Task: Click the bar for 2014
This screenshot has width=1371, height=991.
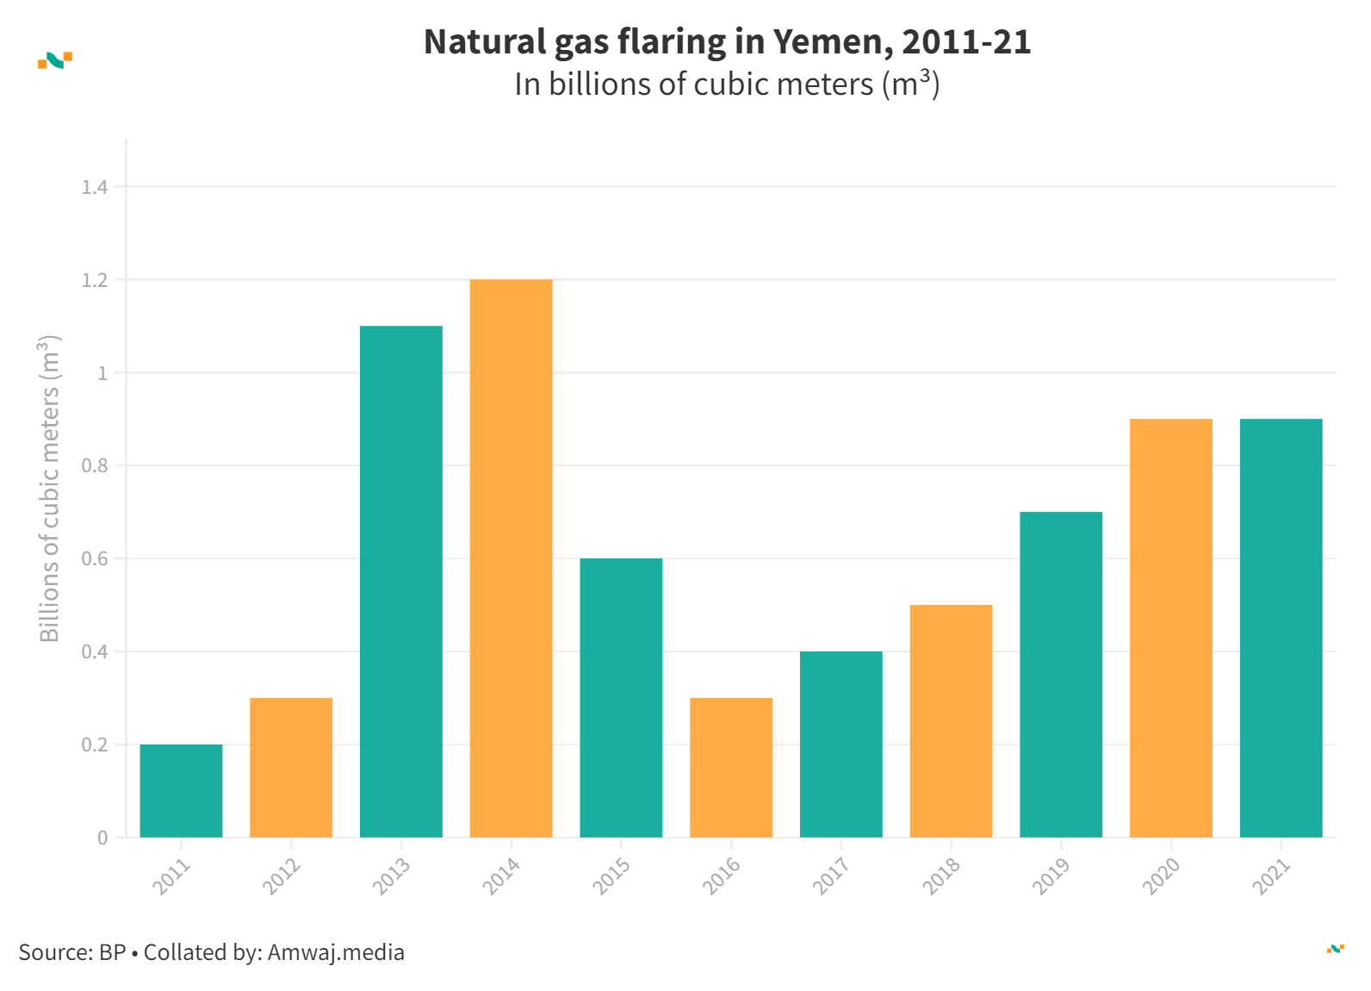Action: coord(511,558)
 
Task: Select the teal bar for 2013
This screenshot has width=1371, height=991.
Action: coord(400,582)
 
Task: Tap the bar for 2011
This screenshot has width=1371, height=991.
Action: coord(181,791)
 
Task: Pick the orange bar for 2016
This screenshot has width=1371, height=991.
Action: coord(731,768)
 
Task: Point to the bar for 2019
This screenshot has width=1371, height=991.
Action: coord(1061,675)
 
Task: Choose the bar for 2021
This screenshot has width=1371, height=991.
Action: coord(1281,628)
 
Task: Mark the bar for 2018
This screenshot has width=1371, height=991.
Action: coord(951,721)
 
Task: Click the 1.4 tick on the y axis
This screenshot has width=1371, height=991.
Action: coord(95,187)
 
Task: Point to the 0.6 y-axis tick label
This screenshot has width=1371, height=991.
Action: coord(95,559)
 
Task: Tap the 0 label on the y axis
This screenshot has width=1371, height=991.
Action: coord(102,838)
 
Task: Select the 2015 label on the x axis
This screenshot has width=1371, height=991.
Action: coord(611,876)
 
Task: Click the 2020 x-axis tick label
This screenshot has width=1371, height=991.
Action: coord(1161,876)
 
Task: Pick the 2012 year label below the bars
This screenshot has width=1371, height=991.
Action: coord(282,876)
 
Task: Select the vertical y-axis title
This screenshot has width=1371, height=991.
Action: coord(50,489)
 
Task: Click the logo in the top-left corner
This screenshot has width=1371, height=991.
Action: coord(55,60)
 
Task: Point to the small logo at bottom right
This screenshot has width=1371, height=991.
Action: coord(1335,949)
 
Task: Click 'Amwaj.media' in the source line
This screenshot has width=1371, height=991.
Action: coord(336,952)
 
